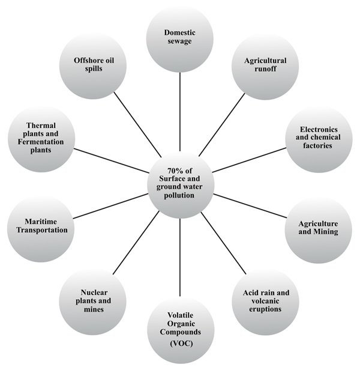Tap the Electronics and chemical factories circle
[x=318, y=138]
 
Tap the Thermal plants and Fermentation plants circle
[x=41, y=138]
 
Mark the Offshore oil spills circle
[x=94, y=65]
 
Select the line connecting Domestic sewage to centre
[x=180, y=108]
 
